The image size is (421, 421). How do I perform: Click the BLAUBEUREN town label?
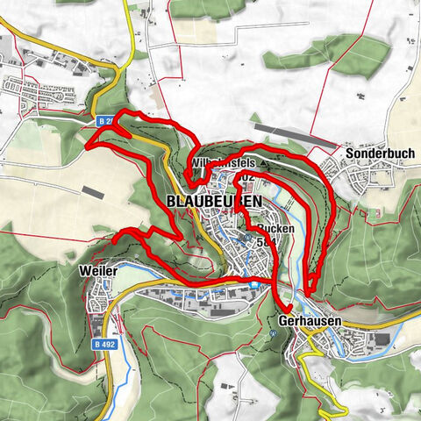(x=213, y=201)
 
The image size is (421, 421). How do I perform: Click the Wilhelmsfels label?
(x=220, y=164)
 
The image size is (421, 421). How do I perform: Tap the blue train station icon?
(x=254, y=283)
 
